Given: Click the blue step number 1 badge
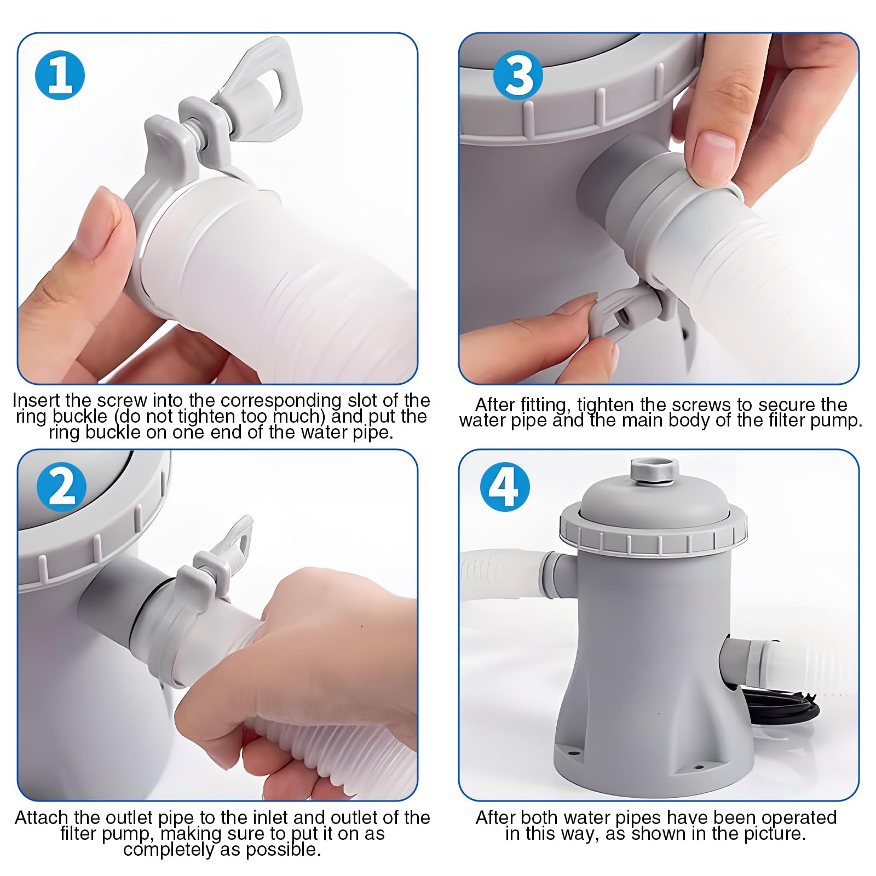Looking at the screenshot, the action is [x=60, y=76].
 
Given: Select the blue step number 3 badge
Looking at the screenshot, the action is [x=518, y=75].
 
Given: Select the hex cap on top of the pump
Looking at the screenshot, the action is [x=654, y=471].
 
